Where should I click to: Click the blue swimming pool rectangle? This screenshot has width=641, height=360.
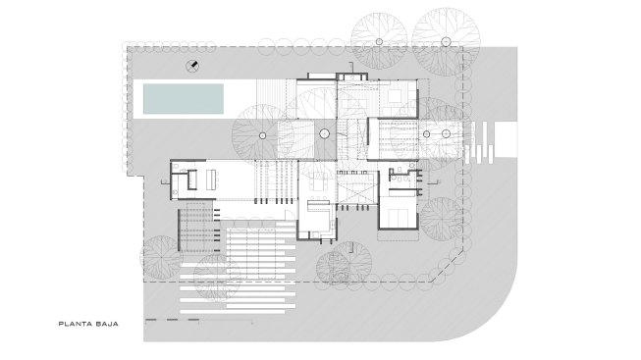pyautogui.click(x=184, y=99)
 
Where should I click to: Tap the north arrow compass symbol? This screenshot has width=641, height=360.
pyautogui.click(x=192, y=66)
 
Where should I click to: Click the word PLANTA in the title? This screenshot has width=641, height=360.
pyautogui.click(x=76, y=324)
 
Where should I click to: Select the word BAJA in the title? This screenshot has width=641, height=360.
pyautogui.click(x=107, y=324)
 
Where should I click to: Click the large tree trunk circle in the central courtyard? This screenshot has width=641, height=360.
pyautogui.click(x=324, y=133)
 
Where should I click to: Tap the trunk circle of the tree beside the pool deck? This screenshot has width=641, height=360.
pyautogui.click(x=262, y=135)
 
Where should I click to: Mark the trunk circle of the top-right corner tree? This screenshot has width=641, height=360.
pyautogui.click(x=446, y=41)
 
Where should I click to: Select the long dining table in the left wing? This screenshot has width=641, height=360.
pyautogui.click(x=212, y=180)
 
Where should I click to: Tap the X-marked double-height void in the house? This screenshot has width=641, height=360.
pyautogui.click(x=357, y=191)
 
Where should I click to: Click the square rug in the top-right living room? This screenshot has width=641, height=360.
pyautogui.click(x=395, y=96)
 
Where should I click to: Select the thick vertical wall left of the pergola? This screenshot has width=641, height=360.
pyautogui.click(x=179, y=230)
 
